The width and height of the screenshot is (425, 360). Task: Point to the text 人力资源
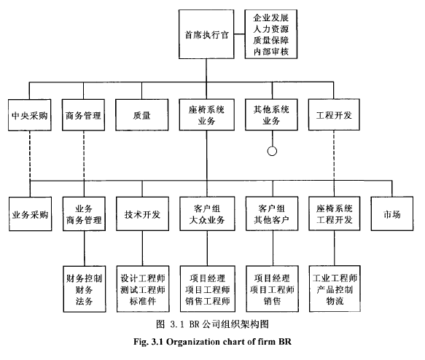coord(270,29)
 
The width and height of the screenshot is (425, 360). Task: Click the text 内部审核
coord(270,52)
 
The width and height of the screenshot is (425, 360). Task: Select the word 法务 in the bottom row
coord(85,301)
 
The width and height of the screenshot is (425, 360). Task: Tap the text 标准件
coord(143,301)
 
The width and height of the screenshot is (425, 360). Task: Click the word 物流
coord(335,301)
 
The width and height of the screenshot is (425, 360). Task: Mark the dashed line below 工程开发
coord(334,155)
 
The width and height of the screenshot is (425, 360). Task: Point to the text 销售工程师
coord(208,301)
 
